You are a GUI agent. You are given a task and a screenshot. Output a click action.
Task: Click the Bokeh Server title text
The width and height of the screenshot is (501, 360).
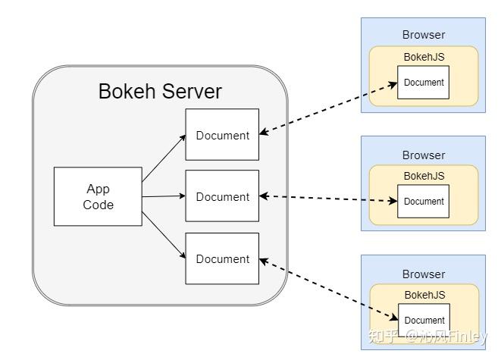[x=160, y=92]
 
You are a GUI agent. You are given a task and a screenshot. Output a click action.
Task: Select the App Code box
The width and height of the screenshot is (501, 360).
[x=98, y=196]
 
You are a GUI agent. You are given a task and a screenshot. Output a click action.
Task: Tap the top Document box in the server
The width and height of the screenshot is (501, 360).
[x=222, y=135]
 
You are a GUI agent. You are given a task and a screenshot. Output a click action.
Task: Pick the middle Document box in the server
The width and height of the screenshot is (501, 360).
[x=222, y=196]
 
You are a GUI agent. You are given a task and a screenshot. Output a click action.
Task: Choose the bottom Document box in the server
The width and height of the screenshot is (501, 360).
[x=222, y=258]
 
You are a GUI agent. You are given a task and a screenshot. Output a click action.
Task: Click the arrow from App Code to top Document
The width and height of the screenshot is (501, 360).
[x=164, y=159]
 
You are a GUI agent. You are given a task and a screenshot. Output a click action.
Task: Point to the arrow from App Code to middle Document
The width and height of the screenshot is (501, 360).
[x=164, y=196]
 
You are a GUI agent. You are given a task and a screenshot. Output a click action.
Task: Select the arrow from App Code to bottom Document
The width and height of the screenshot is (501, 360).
[x=164, y=233]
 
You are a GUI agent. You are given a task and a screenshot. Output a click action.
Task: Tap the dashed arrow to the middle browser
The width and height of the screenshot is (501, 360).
[x=328, y=199]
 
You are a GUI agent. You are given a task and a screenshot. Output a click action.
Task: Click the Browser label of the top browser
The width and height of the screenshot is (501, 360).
[x=423, y=34]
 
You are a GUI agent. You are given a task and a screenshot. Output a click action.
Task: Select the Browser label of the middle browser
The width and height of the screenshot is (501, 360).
[x=423, y=155]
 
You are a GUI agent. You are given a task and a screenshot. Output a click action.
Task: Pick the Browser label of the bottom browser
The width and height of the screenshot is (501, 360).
[x=423, y=274]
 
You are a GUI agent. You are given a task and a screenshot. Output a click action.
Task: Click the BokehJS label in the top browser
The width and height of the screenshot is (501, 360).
[x=424, y=56]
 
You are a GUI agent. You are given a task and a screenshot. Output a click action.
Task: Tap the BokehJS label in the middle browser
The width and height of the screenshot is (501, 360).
[x=424, y=175]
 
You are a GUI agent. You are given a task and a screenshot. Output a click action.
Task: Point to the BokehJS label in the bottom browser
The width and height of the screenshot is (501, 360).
[x=424, y=295]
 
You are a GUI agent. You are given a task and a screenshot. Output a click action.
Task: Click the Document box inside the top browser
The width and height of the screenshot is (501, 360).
[x=424, y=83]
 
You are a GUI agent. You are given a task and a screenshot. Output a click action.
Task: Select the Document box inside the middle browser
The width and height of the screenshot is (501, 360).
[x=424, y=202]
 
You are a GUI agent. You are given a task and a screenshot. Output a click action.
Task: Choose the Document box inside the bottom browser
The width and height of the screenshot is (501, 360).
[x=424, y=320]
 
